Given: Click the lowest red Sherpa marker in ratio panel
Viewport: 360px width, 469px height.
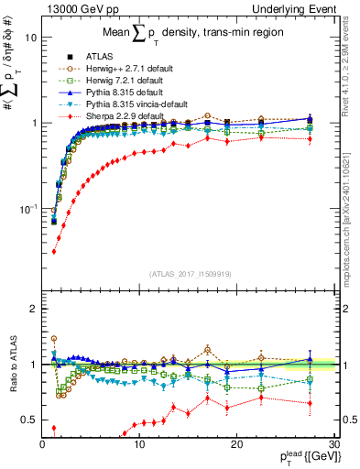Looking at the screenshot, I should [x=54, y=428].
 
